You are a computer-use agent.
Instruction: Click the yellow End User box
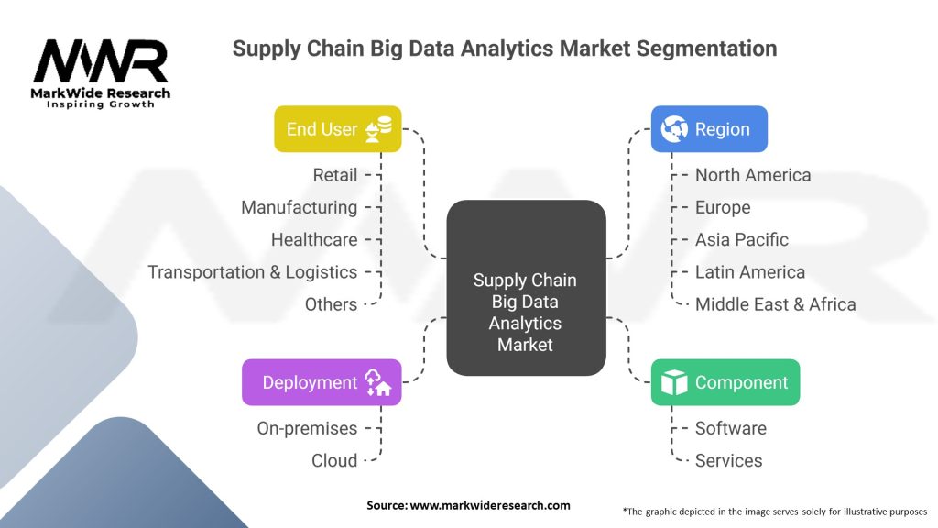337,129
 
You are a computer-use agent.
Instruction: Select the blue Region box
708,129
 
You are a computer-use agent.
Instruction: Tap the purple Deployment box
322,382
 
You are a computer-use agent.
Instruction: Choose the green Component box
725,382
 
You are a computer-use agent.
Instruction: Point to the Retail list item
334,175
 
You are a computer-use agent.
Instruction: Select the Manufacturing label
299,207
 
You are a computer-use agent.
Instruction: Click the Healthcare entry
314,239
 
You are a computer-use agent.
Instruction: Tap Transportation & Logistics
253,272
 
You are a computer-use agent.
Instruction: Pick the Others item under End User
331,304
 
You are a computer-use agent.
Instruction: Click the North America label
752,175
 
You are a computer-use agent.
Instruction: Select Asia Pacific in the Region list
741,239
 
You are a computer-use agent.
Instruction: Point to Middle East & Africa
775,304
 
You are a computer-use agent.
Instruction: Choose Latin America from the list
749,272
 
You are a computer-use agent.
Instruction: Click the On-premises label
307,428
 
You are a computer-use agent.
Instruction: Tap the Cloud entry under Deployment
334,460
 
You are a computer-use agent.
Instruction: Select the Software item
730,428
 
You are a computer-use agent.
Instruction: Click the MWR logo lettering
101,61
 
